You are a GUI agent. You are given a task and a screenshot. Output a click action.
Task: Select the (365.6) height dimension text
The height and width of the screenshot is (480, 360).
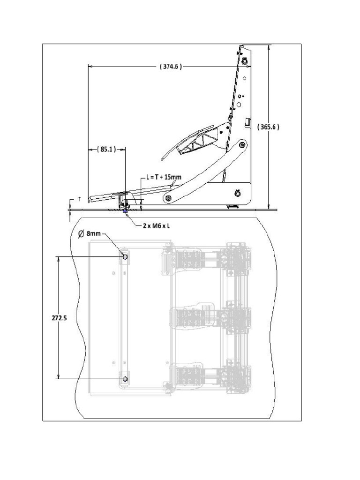[x=269, y=127]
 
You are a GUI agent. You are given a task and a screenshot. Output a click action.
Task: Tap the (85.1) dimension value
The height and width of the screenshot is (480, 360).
[x=106, y=150]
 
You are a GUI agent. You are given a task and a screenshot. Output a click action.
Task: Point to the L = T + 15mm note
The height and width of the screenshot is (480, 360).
[x=164, y=177]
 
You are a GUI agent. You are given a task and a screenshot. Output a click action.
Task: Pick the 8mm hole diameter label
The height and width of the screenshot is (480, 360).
[x=92, y=233]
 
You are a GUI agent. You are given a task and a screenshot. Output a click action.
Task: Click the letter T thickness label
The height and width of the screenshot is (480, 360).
[x=79, y=199]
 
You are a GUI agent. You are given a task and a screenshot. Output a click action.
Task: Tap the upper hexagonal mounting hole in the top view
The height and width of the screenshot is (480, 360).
[x=125, y=256]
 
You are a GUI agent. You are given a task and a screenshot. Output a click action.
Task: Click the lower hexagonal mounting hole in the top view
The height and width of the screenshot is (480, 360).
[x=125, y=378]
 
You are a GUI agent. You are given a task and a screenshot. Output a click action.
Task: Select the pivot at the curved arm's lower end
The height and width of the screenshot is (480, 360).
[x=167, y=199]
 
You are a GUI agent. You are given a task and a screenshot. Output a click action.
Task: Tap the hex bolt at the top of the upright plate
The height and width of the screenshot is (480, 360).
[x=245, y=61]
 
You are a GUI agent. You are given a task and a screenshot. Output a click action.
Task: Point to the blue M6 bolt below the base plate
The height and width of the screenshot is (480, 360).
[x=125, y=210]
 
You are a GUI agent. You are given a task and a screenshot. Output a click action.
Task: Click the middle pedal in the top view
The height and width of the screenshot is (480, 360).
[x=187, y=317]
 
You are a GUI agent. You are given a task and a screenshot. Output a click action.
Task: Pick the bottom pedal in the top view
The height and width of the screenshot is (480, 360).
[x=187, y=376]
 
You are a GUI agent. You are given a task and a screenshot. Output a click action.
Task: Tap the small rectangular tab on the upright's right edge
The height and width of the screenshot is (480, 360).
[x=247, y=122]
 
